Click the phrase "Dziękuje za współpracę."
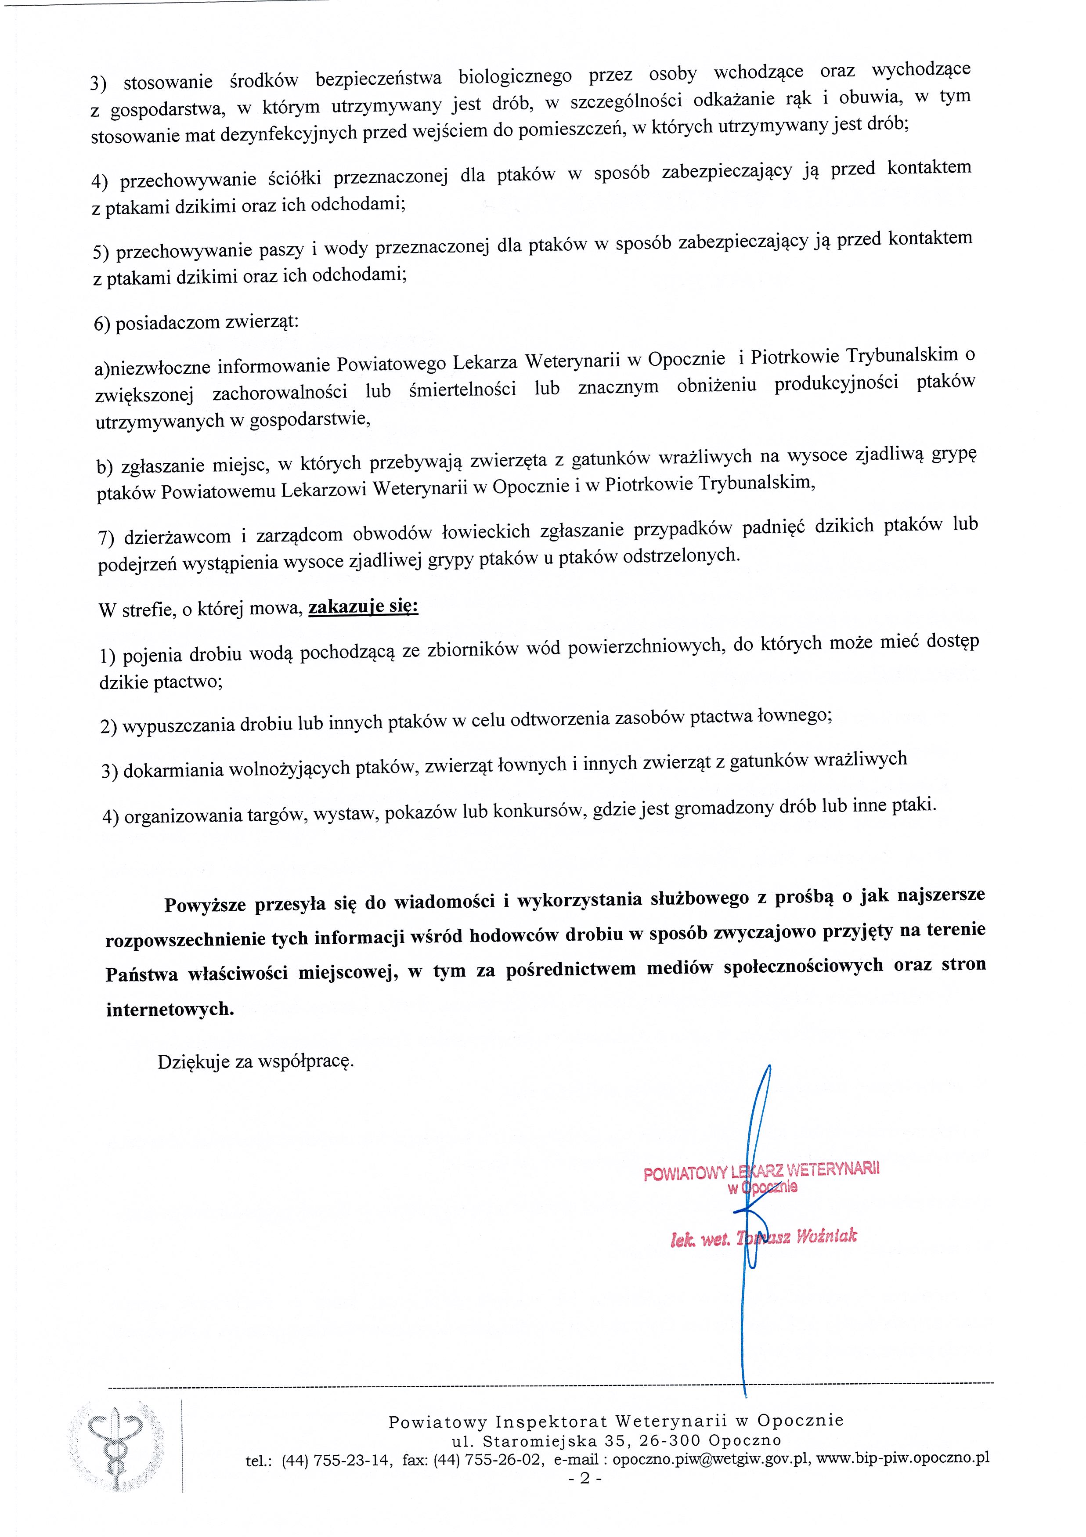[x=256, y=1061]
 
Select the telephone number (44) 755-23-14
[x=336, y=1460]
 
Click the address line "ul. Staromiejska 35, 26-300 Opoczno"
[x=616, y=1440]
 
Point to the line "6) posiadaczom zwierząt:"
[x=196, y=323]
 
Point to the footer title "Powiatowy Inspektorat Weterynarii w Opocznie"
[x=616, y=1421]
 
